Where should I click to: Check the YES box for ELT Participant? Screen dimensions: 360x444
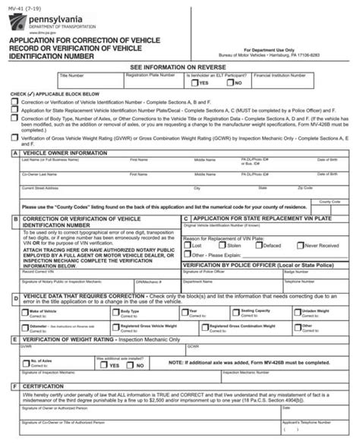pos(196,84)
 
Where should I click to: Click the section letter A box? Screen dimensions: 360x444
pos(14,153)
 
